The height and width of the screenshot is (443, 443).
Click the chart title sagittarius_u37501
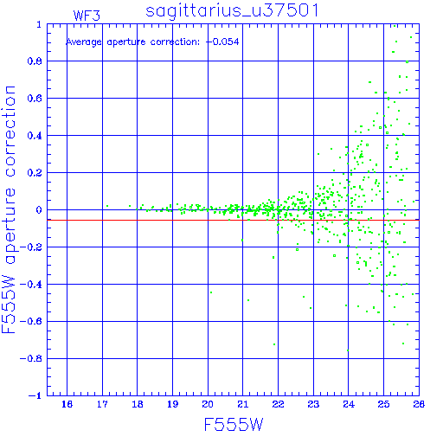click(232, 11)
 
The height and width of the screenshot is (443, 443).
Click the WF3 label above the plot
click(87, 16)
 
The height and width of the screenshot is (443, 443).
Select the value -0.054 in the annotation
click(222, 42)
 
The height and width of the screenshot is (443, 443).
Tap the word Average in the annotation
click(84, 42)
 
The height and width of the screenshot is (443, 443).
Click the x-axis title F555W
click(234, 425)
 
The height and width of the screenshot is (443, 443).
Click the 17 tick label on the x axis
click(102, 404)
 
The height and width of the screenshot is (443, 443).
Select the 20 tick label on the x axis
click(208, 404)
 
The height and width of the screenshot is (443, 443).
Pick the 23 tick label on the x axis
click(313, 404)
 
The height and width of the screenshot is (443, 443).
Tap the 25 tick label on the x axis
click(383, 404)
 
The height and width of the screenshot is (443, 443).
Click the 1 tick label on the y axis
click(39, 24)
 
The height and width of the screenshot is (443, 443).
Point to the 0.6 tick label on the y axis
click(35, 99)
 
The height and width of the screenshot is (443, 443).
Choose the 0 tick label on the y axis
click(39, 210)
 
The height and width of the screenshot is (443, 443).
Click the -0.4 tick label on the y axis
click(31, 285)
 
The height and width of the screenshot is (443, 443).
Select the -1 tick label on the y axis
click(35, 395)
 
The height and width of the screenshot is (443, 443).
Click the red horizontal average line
click(233, 220)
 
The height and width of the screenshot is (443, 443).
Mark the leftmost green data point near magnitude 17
click(107, 206)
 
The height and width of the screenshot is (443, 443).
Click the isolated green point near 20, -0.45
click(211, 292)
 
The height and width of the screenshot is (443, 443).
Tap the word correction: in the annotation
click(175, 42)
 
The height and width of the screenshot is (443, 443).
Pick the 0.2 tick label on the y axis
click(35, 173)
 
